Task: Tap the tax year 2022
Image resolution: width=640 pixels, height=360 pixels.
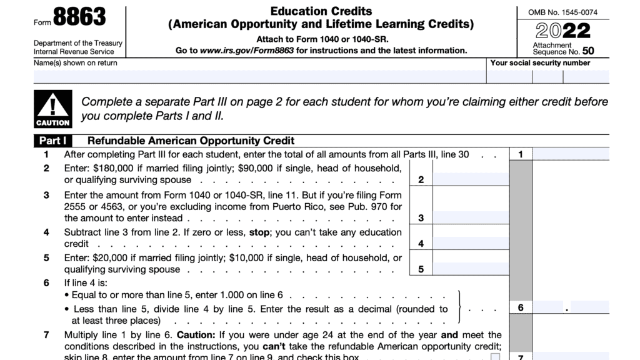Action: point(562,31)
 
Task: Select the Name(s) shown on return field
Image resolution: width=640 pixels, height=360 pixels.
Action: point(259,77)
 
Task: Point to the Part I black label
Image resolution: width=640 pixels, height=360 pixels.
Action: point(53,141)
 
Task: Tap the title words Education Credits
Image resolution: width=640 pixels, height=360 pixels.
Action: point(321,11)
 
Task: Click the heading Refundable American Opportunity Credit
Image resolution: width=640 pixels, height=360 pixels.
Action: point(191,141)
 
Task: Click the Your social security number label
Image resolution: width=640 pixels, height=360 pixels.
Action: point(540,62)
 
